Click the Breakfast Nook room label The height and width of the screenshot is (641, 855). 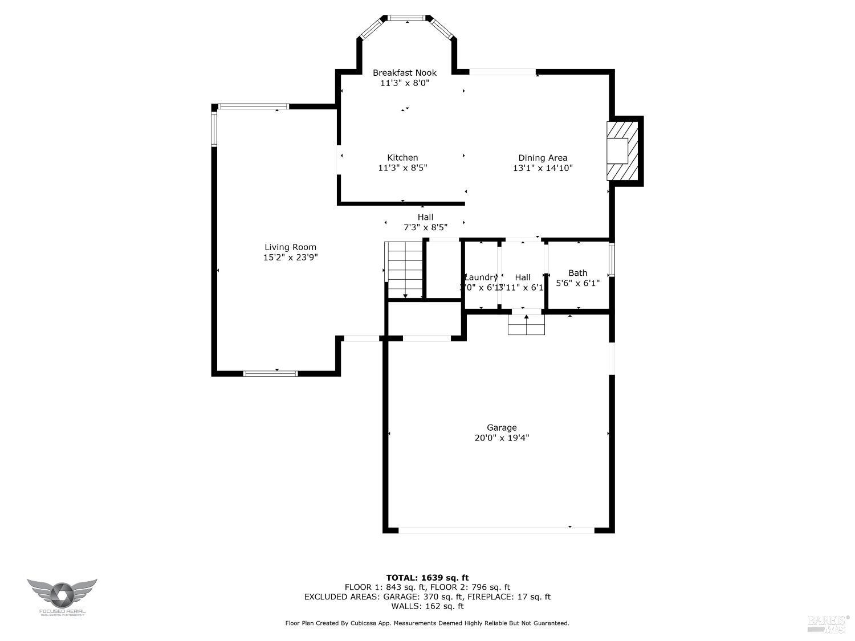pyautogui.click(x=404, y=72)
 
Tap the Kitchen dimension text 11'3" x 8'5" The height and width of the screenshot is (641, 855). pyautogui.click(x=402, y=168)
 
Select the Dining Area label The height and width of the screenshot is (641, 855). pyautogui.click(x=542, y=158)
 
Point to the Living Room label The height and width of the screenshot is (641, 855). pyautogui.click(x=290, y=247)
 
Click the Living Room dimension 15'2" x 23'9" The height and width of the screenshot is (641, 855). pyautogui.click(x=290, y=258)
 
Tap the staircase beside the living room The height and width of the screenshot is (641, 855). pyautogui.click(x=405, y=269)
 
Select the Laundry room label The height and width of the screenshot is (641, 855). pyautogui.click(x=482, y=277)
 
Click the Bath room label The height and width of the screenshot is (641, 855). pyautogui.click(x=577, y=273)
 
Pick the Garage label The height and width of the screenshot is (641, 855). pyautogui.click(x=502, y=427)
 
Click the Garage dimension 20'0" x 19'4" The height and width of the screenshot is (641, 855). pyautogui.click(x=502, y=438)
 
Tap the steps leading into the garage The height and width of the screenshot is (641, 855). pyautogui.click(x=526, y=325)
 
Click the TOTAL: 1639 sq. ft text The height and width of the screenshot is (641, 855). pyautogui.click(x=427, y=577)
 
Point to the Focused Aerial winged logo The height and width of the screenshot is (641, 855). pyautogui.click(x=62, y=594)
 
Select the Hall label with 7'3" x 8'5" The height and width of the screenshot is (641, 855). pyautogui.click(x=425, y=217)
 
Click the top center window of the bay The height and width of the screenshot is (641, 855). pyautogui.click(x=407, y=18)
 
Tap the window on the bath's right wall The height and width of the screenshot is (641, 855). pyautogui.click(x=612, y=260)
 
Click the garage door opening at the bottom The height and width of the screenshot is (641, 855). pyautogui.click(x=496, y=530)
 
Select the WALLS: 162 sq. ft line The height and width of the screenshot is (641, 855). pyautogui.click(x=427, y=606)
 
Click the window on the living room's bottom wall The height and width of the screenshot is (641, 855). pyautogui.click(x=270, y=374)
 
